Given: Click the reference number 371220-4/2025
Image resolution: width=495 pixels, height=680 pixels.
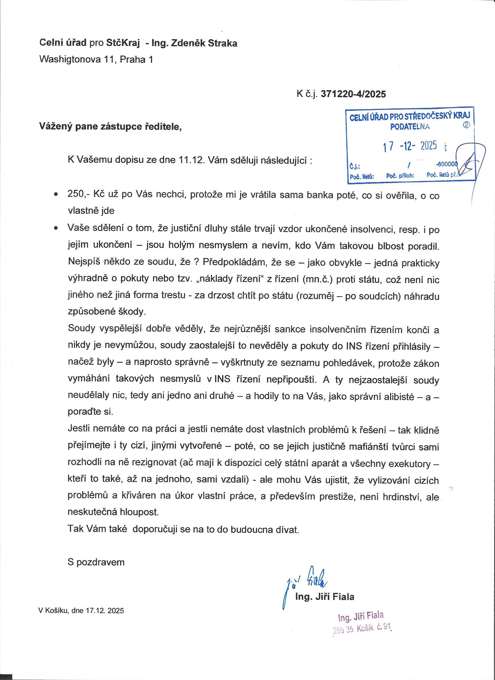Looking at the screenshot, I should (x=353, y=94).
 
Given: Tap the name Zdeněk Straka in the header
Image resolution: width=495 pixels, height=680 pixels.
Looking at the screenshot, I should (x=204, y=43).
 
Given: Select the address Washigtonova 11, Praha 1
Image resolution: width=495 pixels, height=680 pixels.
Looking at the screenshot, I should (x=96, y=60).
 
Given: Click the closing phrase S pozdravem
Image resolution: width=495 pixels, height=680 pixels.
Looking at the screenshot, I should (x=96, y=562).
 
